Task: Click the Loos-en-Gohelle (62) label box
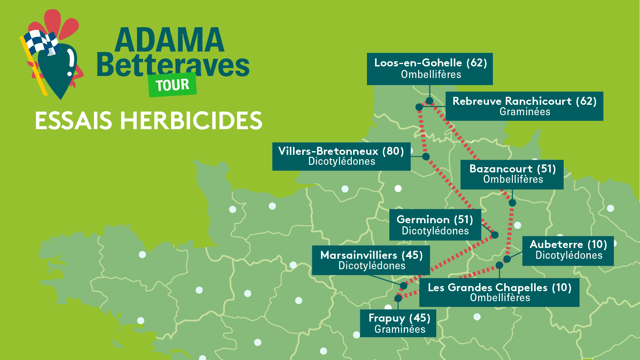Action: [x=430, y=69]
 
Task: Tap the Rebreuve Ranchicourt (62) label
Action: [x=524, y=106]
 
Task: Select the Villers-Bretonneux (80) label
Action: [x=341, y=156]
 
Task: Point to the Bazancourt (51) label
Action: [x=512, y=174]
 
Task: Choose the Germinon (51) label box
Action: [x=435, y=225]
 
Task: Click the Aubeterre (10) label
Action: [x=568, y=250]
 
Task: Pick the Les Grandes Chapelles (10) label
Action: [x=499, y=292]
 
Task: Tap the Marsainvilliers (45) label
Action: [x=371, y=260]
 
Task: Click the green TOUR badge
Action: [x=172, y=85]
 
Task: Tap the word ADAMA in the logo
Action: [x=169, y=40]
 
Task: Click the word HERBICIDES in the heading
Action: [x=191, y=121]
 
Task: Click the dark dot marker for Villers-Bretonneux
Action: [x=426, y=156]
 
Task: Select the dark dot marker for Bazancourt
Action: [x=512, y=203]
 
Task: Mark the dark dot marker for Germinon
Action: [x=495, y=235]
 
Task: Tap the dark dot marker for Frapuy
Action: [x=398, y=298]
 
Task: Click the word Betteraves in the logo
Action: [x=173, y=65]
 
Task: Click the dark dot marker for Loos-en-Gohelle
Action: [x=429, y=100]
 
